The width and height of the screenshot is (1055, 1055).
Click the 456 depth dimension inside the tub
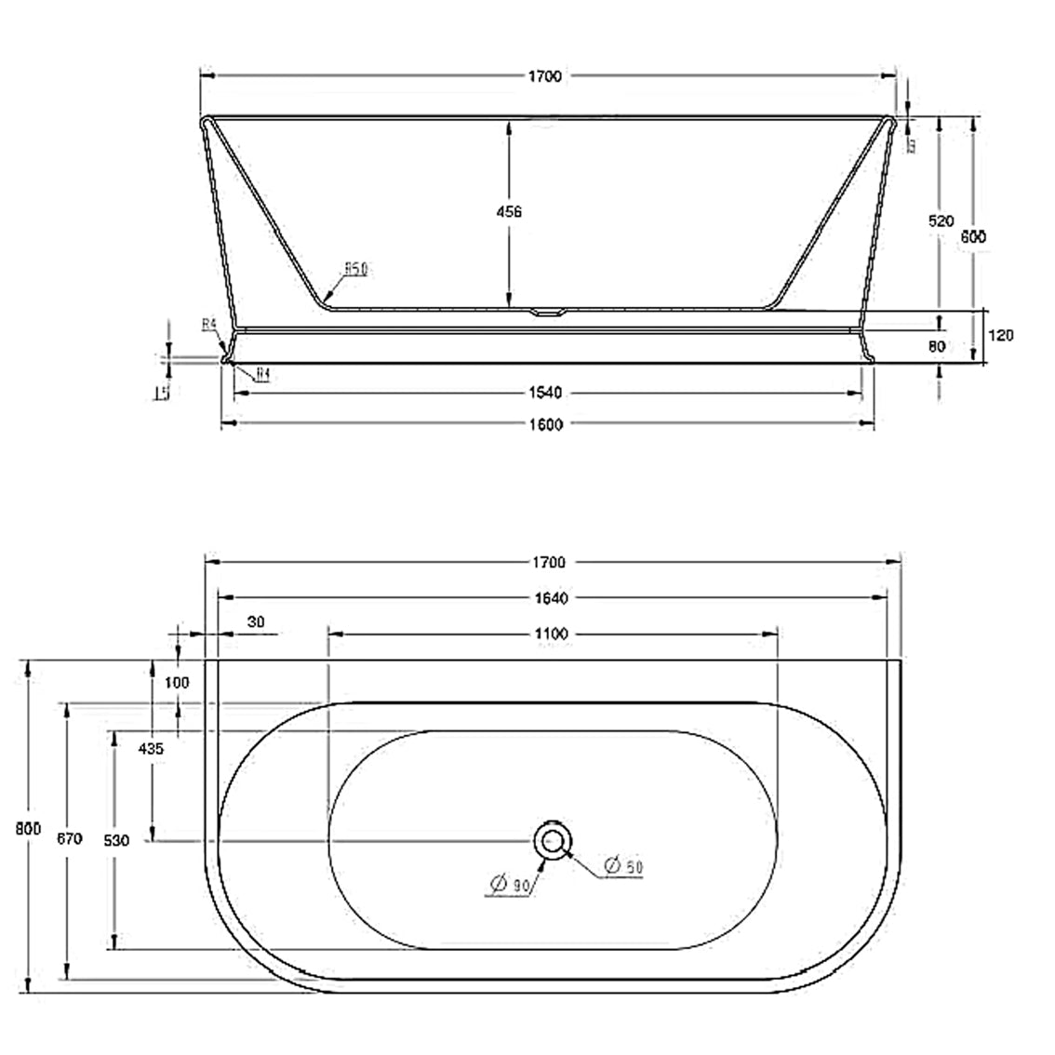pyautogui.click(x=509, y=212)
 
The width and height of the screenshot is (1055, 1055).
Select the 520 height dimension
pyautogui.click(x=941, y=221)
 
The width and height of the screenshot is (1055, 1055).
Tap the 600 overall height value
pyautogui.click(x=973, y=236)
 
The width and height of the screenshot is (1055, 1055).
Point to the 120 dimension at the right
pyautogui.click(x=1000, y=336)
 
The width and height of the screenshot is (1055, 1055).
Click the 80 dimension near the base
pyautogui.click(x=937, y=346)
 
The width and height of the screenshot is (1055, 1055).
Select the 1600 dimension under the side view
pyautogui.click(x=548, y=425)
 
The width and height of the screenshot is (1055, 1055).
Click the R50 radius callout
pyautogui.click(x=356, y=269)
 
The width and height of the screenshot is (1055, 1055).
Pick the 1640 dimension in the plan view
pyautogui.click(x=551, y=598)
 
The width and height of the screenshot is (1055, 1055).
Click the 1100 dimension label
pyautogui.click(x=551, y=634)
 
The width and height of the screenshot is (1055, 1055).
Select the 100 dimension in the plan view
pyautogui.click(x=176, y=682)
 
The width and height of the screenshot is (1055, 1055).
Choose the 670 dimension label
pyautogui.click(x=69, y=838)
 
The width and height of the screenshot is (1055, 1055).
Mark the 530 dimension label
pyautogui.click(x=115, y=840)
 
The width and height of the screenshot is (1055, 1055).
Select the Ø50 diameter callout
pyautogui.click(x=623, y=867)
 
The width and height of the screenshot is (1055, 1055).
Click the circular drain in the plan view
pyautogui.click(x=553, y=841)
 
